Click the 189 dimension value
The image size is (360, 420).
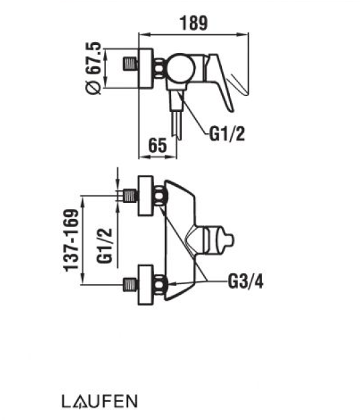point(194,23)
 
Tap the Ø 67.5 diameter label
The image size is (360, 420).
point(94,68)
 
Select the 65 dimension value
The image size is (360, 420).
point(158,145)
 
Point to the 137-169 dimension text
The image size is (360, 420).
point(72,240)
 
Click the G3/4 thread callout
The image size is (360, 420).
point(245,281)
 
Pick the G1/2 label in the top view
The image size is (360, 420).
point(227,134)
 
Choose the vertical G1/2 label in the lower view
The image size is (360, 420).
point(105,246)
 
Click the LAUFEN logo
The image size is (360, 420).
point(100,401)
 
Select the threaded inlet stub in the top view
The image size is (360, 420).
point(131,64)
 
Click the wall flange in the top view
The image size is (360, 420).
point(146,68)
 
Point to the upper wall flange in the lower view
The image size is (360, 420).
point(145,196)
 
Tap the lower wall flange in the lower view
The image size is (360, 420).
point(145,285)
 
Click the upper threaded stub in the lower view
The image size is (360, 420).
point(131,196)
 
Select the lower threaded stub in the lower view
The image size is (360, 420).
point(131,285)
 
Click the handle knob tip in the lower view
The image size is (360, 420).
point(229,240)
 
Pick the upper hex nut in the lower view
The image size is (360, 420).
point(160,196)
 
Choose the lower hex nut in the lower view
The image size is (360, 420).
point(160,285)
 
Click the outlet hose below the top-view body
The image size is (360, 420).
point(176,115)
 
